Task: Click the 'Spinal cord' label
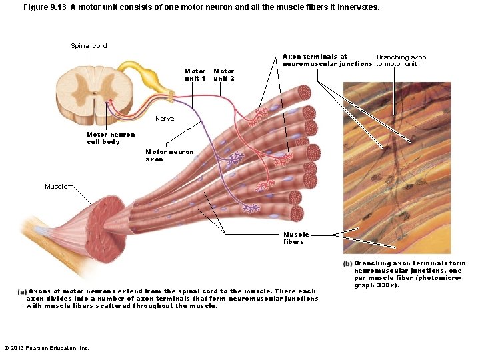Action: pyautogui.click(x=89, y=45)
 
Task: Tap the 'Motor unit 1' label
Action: pyautogui.click(x=195, y=75)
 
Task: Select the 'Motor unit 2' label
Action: pyautogui.click(x=223, y=75)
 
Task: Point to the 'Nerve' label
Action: pyautogui.click(x=165, y=119)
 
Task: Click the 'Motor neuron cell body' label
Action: pyautogui.click(x=111, y=138)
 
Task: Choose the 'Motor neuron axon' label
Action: pyautogui.click(x=169, y=155)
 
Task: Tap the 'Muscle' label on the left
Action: pyautogui.click(x=56, y=186)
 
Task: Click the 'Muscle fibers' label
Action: pyautogui.click(x=296, y=238)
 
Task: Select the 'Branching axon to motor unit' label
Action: pyautogui.click(x=401, y=61)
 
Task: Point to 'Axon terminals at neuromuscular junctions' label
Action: pyautogui.click(x=327, y=61)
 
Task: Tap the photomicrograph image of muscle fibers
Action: pyautogui.click(x=397, y=167)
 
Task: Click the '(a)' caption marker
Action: pyautogui.click(x=22, y=292)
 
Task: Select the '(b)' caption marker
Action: pyautogui.click(x=347, y=264)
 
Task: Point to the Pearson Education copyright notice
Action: pyautogui.click(x=47, y=348)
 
